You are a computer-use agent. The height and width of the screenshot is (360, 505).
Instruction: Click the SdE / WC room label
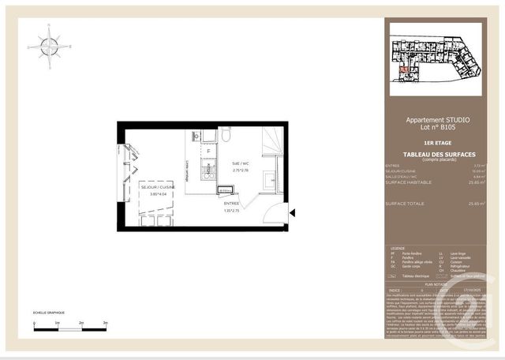[x=240, y=164]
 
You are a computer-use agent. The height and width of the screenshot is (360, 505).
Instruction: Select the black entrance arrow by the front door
[x=292, y=212]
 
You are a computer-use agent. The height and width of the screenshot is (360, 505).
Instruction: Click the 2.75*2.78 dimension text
[x=240, y=171]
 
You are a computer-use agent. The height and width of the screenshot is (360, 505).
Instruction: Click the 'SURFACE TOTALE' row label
[x=405, y=203]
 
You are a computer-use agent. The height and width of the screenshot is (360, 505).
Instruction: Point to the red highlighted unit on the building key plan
[x=404, y=70]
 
